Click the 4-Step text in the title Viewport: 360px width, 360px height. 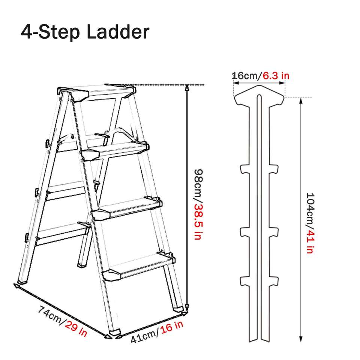[x=50, y=32]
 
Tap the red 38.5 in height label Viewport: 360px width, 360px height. [x=198, y=222]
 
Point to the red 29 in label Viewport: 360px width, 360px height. [x=76, y=329]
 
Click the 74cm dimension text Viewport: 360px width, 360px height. [x=50, y=315]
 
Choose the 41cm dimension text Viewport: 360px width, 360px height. [x=144, y=337]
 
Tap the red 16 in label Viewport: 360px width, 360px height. [x=172, y=327]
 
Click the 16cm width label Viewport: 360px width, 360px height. [x=245, y=76]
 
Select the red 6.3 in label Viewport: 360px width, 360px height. [x=276, y=76]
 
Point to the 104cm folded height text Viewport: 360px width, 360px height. [x=310, y=208]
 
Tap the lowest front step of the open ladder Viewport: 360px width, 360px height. [x=139, y=266]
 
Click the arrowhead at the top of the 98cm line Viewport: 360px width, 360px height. [x=187, y=87]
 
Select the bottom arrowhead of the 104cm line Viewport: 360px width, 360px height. [x=301, y=339]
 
